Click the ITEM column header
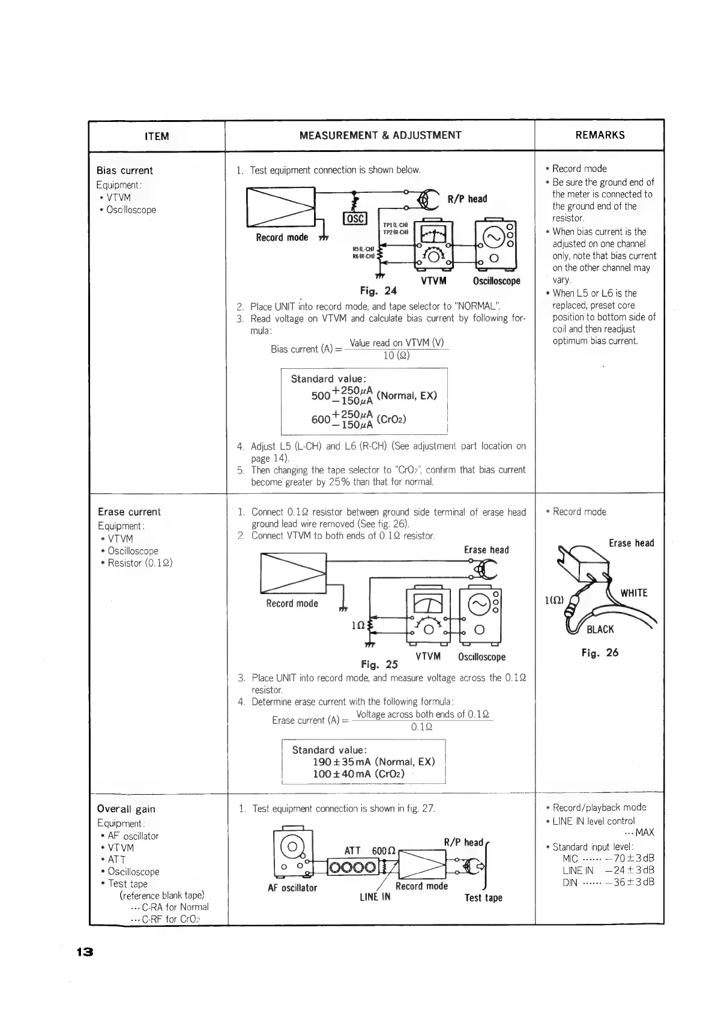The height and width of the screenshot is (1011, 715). tap(157, 136)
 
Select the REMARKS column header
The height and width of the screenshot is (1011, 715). tap(600, 135)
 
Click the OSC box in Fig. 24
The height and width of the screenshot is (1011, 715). tap(354, 219)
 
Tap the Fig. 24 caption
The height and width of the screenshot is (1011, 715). tap(378, 291)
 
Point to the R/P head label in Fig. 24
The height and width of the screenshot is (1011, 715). tap(468, 199)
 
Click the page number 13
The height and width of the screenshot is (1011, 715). tap(85, 952)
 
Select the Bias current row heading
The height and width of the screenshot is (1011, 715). tap(125, 171)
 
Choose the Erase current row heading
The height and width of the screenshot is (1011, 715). tap(129, 512)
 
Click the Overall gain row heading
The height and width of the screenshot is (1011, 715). tap(126, 809)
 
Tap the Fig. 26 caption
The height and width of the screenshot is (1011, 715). tap(600, 652)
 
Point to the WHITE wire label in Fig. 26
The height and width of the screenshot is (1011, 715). tap(634, 593)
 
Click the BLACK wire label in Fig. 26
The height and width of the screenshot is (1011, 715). tap(600, 629)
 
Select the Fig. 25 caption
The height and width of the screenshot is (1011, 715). tap(379, 664)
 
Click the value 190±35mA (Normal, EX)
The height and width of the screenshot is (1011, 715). tap(373, 762)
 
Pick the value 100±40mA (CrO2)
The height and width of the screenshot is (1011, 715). tap(358, 774)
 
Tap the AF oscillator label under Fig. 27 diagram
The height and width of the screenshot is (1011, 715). tap(292, 888)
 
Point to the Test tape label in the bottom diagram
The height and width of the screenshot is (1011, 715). tap(483, 897)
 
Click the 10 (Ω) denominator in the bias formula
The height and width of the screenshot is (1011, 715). tap(396, 356)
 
